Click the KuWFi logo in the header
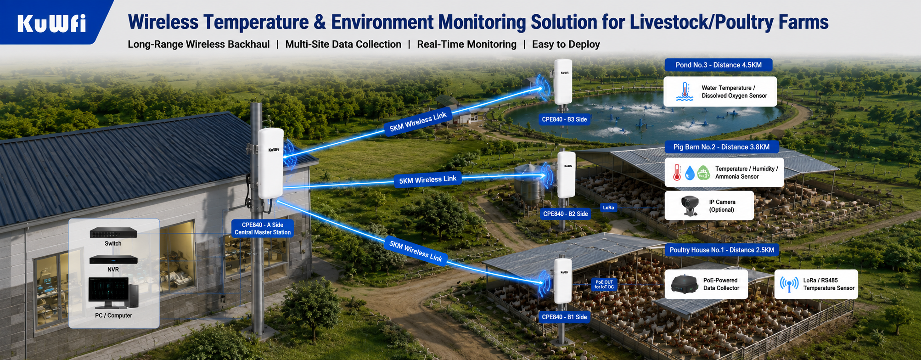click(x=51, y=23)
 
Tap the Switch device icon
click(x=113, y=232)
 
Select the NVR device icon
click(x=113, y=259)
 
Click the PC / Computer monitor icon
click(x=113, y=293)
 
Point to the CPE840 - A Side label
click(x=263, y=228)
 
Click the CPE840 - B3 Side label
click(x=564, y=119)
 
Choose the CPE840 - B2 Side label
click(x=565, y=214)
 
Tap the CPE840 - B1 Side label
click(x=564, y=317)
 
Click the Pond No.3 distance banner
click(x=719, y=65)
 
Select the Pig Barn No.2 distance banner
click(x=721, y=147)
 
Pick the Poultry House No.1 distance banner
click(x=722, y=250)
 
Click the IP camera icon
click(x=690, y=205)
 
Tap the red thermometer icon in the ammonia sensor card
click(x=677, y=172)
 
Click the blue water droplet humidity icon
click(x=690, y=173)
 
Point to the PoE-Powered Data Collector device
click(x=685, y=283)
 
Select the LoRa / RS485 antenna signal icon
click(x=789, y=284)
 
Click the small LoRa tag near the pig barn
click(x=608, y=208)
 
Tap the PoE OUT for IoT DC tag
click(x=604, y=285)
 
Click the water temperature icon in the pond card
click(x=685, y=91)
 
